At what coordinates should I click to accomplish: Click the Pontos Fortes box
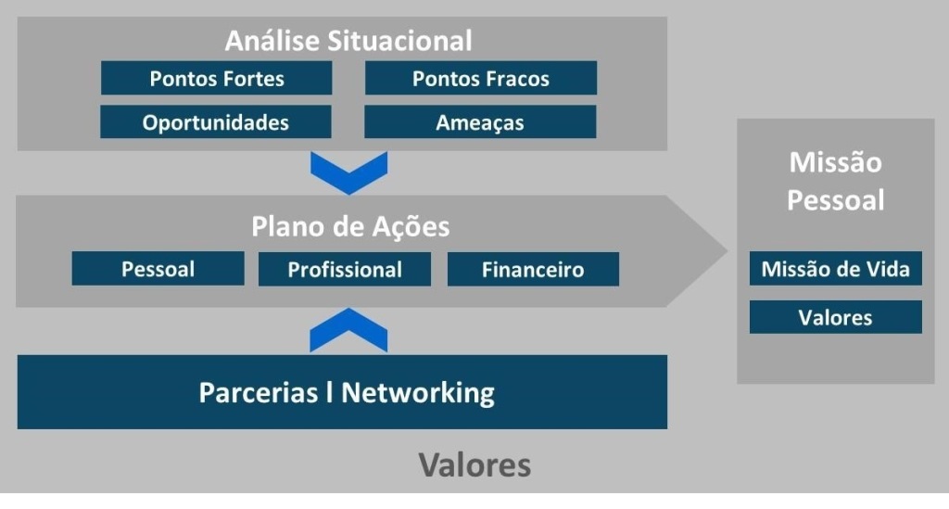tap(216, 79)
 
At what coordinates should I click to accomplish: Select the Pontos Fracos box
tap(480, 79)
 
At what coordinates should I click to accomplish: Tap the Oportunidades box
tap(216, 122)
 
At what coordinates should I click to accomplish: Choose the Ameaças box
tap(480, 122)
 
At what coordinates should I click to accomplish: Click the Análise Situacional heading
tap(348, 41)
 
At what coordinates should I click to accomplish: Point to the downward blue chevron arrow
tap(348, 172)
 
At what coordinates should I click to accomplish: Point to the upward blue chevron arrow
tap(348, 331)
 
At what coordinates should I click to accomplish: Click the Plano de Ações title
tap(350, 227)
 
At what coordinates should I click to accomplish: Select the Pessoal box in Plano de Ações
tap(158, 270)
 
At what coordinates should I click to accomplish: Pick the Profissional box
tap(345, 270)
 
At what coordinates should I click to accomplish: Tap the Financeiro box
tap(533, 270)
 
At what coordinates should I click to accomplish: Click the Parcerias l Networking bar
tap(342, 392)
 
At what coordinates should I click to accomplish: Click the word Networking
tap(418, 392)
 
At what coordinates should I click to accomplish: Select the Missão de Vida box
tap(835, 270)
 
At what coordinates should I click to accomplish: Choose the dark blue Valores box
tap(835, 318)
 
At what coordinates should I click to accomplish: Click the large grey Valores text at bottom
tap(474, 464)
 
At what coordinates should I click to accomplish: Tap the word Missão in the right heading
tap(835, 163)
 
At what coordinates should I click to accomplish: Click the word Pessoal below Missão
tap(835, 200)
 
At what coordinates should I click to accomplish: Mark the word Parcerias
tap(257, 392)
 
